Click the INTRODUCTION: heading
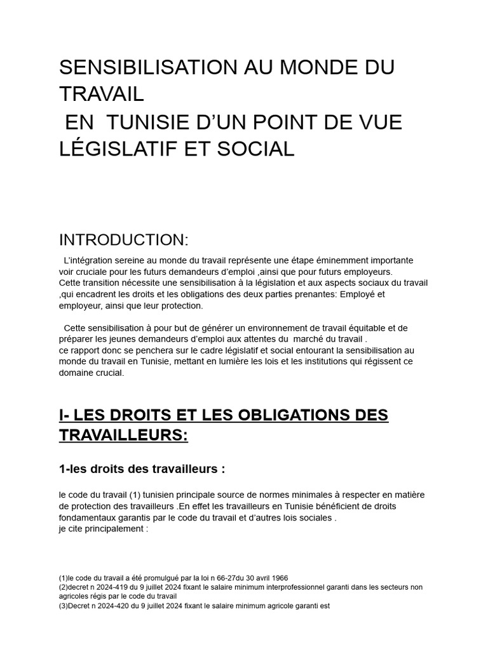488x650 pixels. (x=124, y=240)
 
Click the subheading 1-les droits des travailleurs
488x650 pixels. (x=142, y=470)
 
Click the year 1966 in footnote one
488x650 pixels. (x=278, y=578)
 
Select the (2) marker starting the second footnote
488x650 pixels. (x=63, y=588)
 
